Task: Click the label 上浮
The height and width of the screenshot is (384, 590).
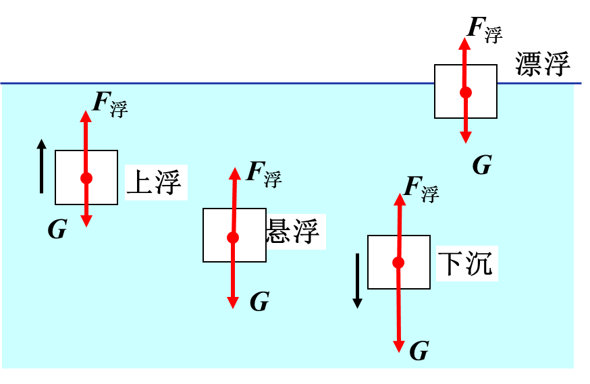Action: click(x=155, y=182)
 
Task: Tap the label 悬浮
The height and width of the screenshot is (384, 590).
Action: click(x=294, y=231)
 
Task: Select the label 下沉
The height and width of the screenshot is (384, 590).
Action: click(x=466, y=263)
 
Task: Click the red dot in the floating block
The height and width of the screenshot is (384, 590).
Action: click(x=465, y=92)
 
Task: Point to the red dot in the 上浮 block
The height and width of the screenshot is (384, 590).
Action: click(x=86, y=178)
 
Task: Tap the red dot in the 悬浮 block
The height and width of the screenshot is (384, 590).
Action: click(x=233, y=238)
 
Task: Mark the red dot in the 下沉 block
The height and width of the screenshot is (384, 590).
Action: click(x=398, y=263)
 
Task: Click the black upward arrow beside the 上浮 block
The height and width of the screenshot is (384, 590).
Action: click(x=42, y=166)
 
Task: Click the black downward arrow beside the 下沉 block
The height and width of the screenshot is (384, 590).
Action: click(x=357, y=281)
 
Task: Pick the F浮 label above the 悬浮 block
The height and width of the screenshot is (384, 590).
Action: click(x=263, y=173)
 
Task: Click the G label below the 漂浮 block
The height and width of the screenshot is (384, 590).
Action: click(x=481, y=165)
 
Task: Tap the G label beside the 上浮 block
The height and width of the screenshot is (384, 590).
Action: click(x=57, y=230)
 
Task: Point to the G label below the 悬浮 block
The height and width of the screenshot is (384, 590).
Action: click(x=259, y=302)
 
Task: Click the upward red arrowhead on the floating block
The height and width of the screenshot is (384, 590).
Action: click(x=464, y=43)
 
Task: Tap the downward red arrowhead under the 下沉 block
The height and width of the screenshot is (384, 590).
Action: click(x=399, y=346)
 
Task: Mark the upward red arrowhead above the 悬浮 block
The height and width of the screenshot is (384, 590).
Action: click(x=234, y=173)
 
